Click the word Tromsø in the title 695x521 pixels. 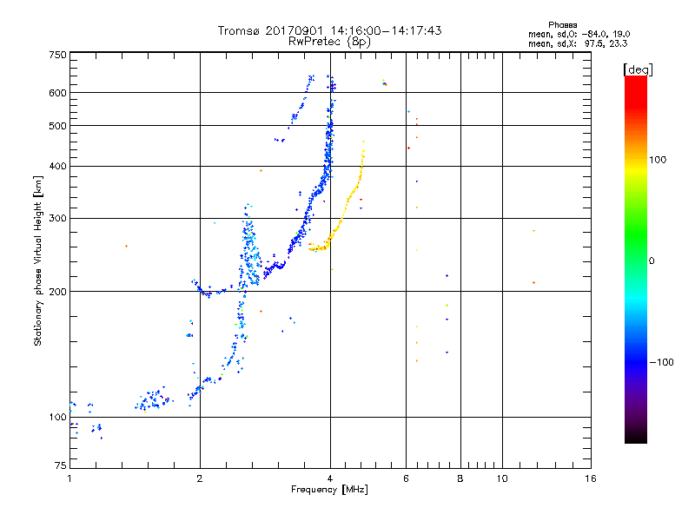239,30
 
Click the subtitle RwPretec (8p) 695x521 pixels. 329,42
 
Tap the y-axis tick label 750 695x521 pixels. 57,55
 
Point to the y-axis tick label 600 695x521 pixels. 57,93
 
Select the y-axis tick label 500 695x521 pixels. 57,126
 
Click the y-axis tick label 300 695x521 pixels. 57,219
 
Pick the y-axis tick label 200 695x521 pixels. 57,292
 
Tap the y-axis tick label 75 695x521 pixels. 61,465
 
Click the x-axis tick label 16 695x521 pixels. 591,478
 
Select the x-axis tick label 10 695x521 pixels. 502,478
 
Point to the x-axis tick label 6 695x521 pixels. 406,478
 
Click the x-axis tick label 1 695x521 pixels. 69,478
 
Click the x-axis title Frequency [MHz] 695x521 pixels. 329,490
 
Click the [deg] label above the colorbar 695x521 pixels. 638,69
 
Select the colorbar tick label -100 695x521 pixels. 662,362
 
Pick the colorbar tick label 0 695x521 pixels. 652,261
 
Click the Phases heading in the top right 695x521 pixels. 562,25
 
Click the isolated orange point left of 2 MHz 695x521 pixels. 126,247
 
